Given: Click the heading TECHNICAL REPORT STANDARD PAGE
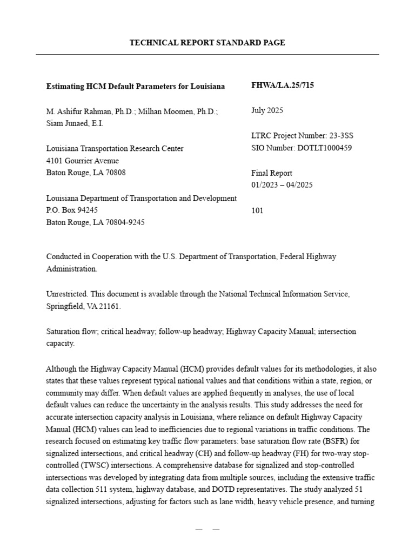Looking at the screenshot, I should click(207, 43).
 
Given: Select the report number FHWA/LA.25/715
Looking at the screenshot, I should click(282, 85).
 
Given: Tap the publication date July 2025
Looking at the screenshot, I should click(267, 110).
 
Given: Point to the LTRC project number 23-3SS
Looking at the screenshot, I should click(341, 135).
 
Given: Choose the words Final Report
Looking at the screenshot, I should click(272, 173).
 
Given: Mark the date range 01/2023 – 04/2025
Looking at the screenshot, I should click(282, 185).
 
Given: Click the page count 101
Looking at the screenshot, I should click(257, 210).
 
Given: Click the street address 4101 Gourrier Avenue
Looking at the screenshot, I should click(83, 161).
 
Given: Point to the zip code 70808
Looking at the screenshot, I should click(115, 173).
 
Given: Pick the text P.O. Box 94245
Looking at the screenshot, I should click(72, 210).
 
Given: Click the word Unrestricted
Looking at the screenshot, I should click(67, 294).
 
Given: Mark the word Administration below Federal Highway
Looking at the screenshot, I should click(72, 268).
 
